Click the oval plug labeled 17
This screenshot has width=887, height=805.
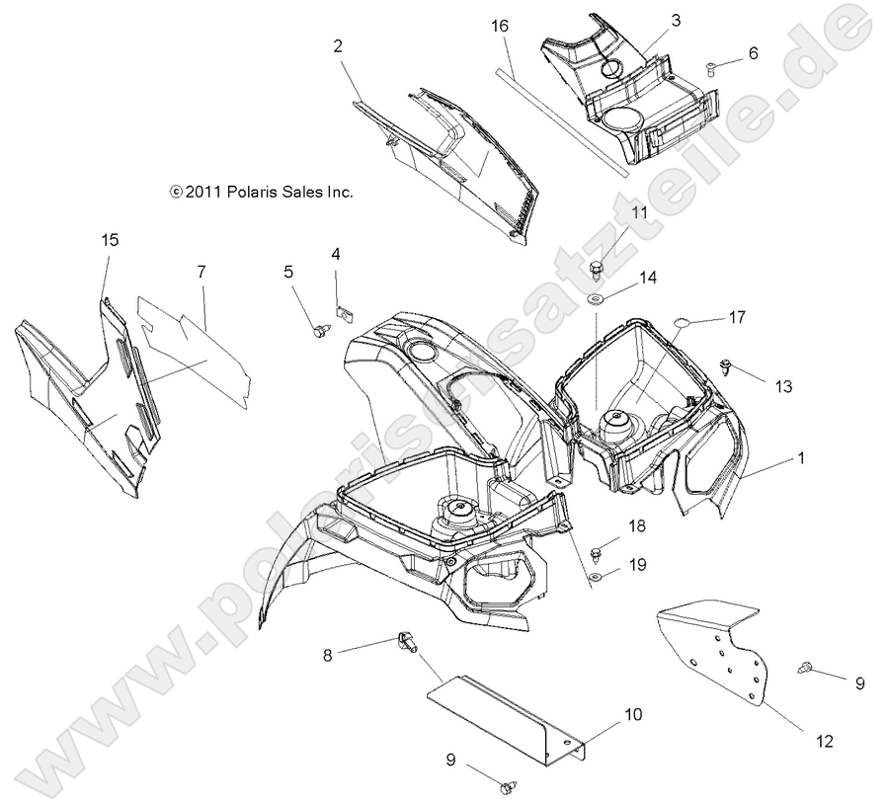681,323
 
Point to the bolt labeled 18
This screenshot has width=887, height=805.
598,550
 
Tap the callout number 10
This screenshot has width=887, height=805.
633,713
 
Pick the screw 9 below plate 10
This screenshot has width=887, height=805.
510,786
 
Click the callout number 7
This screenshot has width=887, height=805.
202,270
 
